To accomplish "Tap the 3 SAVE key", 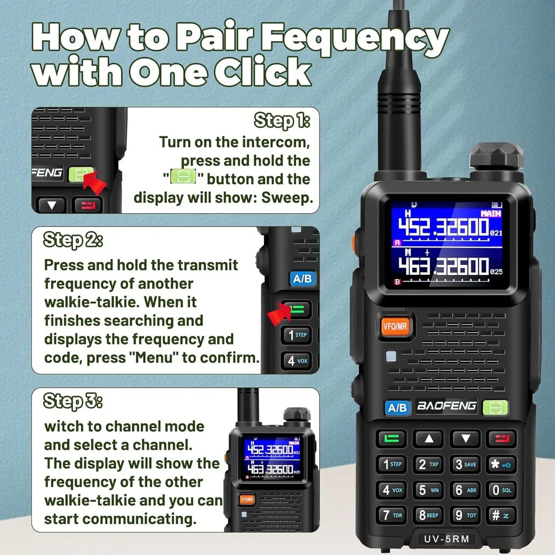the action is (x=466, y=464).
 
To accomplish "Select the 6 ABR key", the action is (x=466, y=490).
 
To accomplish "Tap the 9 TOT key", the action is (x=466, y=515).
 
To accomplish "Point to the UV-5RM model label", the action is (x=446, y=539).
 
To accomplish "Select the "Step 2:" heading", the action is (x=73, y=240).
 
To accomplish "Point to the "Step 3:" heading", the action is (x=73, y=401).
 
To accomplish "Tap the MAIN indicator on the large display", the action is (x=491, y=214).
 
